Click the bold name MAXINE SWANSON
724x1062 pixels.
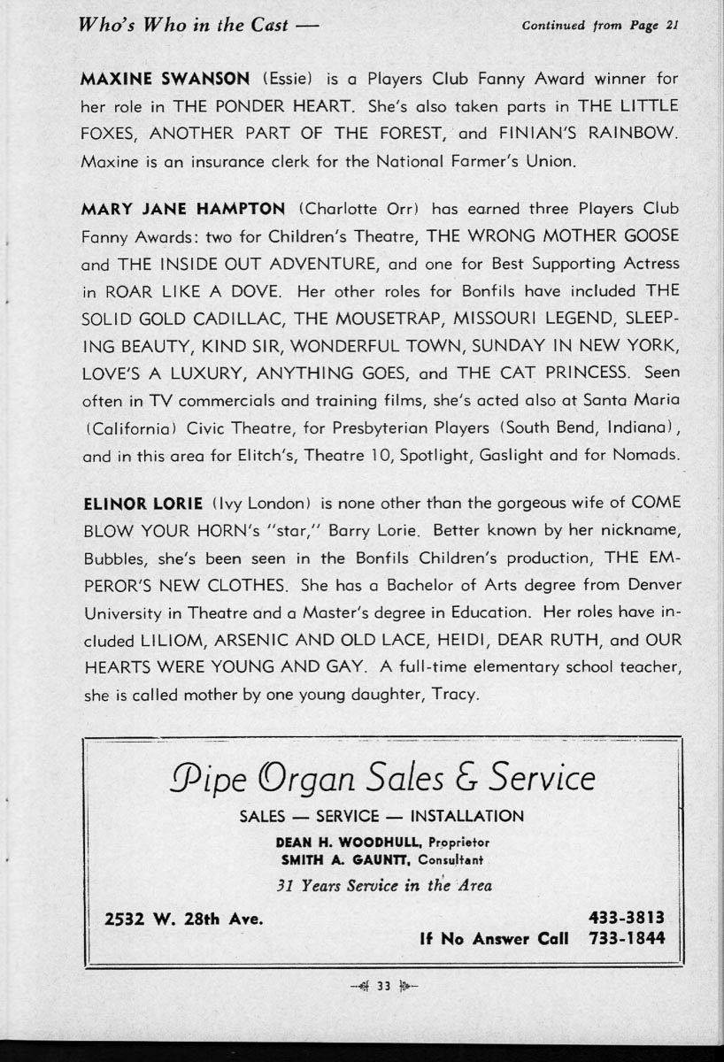pyautogui.click(x=151, y=79)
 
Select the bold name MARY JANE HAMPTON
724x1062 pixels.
pyautogui.click(x=183, y=209)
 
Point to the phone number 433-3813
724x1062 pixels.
pyautogui.click(x=626, y=918)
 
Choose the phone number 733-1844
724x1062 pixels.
pyautogui.click(x=626, y=938)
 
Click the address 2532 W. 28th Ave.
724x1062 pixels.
pyautogui.click(x=184, y=918)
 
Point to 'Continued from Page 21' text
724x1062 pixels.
pyautogui.click(x=600, y=25)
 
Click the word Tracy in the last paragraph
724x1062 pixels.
pyautogui.click(x=454, y=695)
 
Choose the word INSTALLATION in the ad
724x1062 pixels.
pyautogui.click(x=466, y=815)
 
